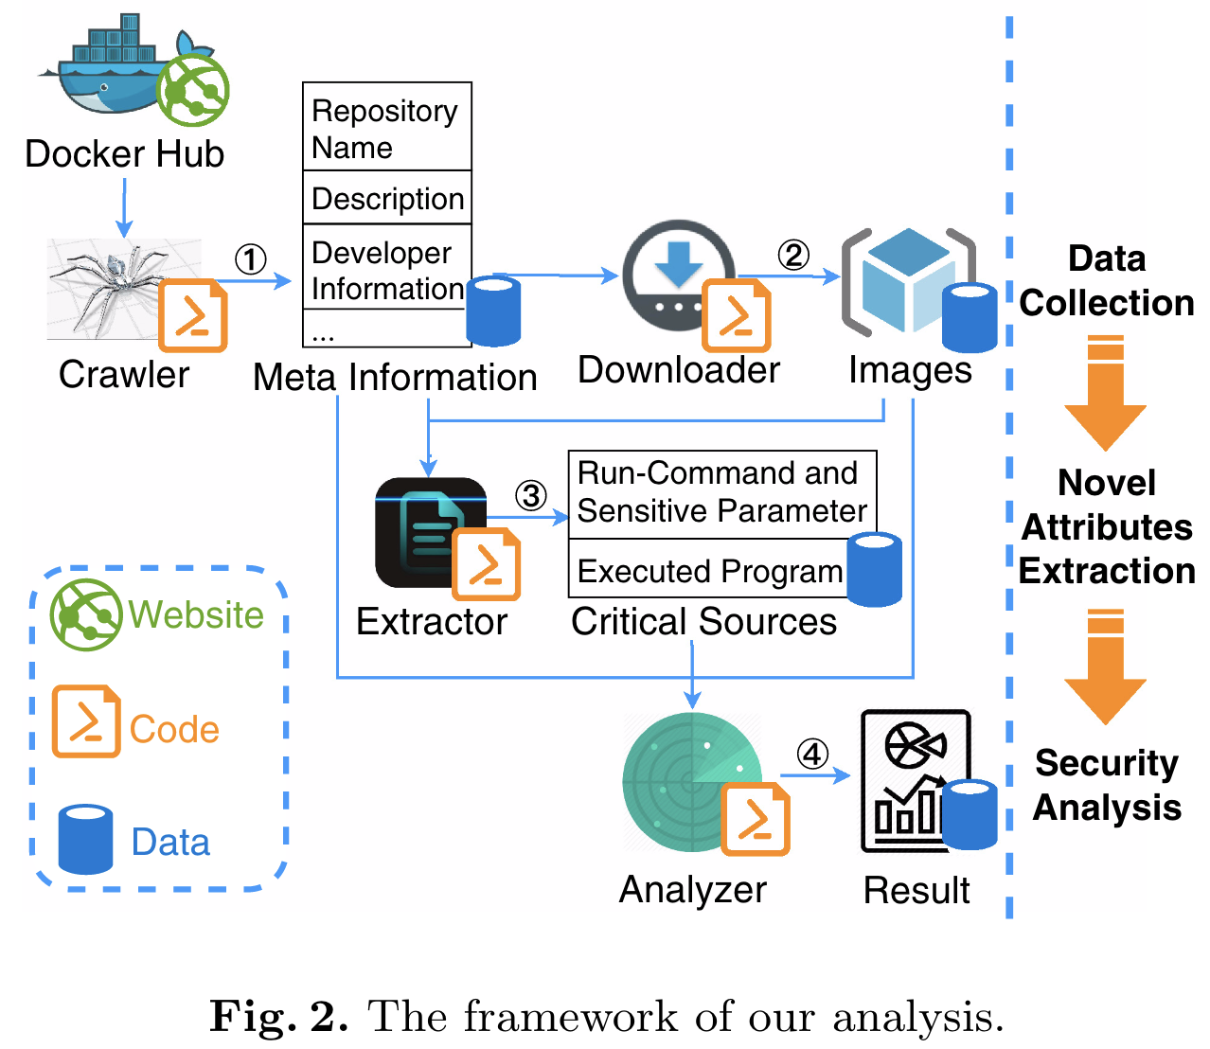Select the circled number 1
click(x=250, y=259)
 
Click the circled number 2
click(x=793, y=255)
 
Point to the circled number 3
click(x=531, y=495)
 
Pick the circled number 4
click(x=812, y=755)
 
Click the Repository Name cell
click(x=386, y=128)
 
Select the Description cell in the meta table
click(x=387, y=198)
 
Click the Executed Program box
click(x=709, y=571)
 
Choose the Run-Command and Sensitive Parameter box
click(x=721, y=492)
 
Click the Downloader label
click(x=678, y=370)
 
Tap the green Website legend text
click(x=196, y=614)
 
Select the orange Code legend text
click(x=174, y=730)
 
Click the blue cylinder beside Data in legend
click(x=85, y=839)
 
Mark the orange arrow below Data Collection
click(x=1105, y=392)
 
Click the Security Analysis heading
click(x=1106, y=785)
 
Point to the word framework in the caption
click(x=571, y=1017)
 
